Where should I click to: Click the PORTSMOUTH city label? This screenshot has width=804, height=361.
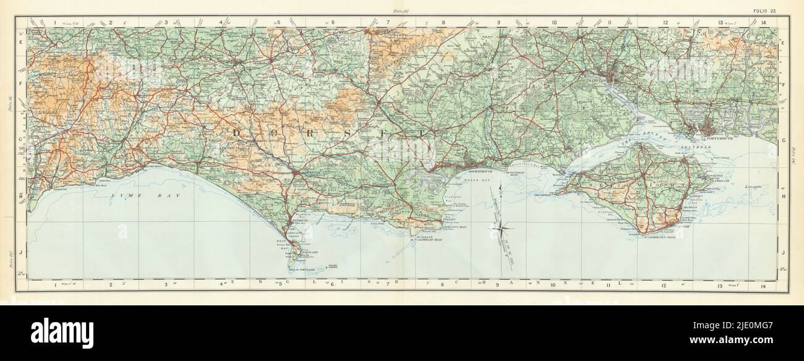pyautogui.click(x=723, y=139)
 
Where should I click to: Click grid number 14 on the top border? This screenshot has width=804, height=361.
pyautogui.click(x=764, y=22)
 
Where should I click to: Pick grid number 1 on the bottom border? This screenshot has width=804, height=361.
pyautogui.click(x=55, y=285)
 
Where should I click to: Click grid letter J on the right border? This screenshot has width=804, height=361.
pyautogui.click(x=783, y=252)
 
